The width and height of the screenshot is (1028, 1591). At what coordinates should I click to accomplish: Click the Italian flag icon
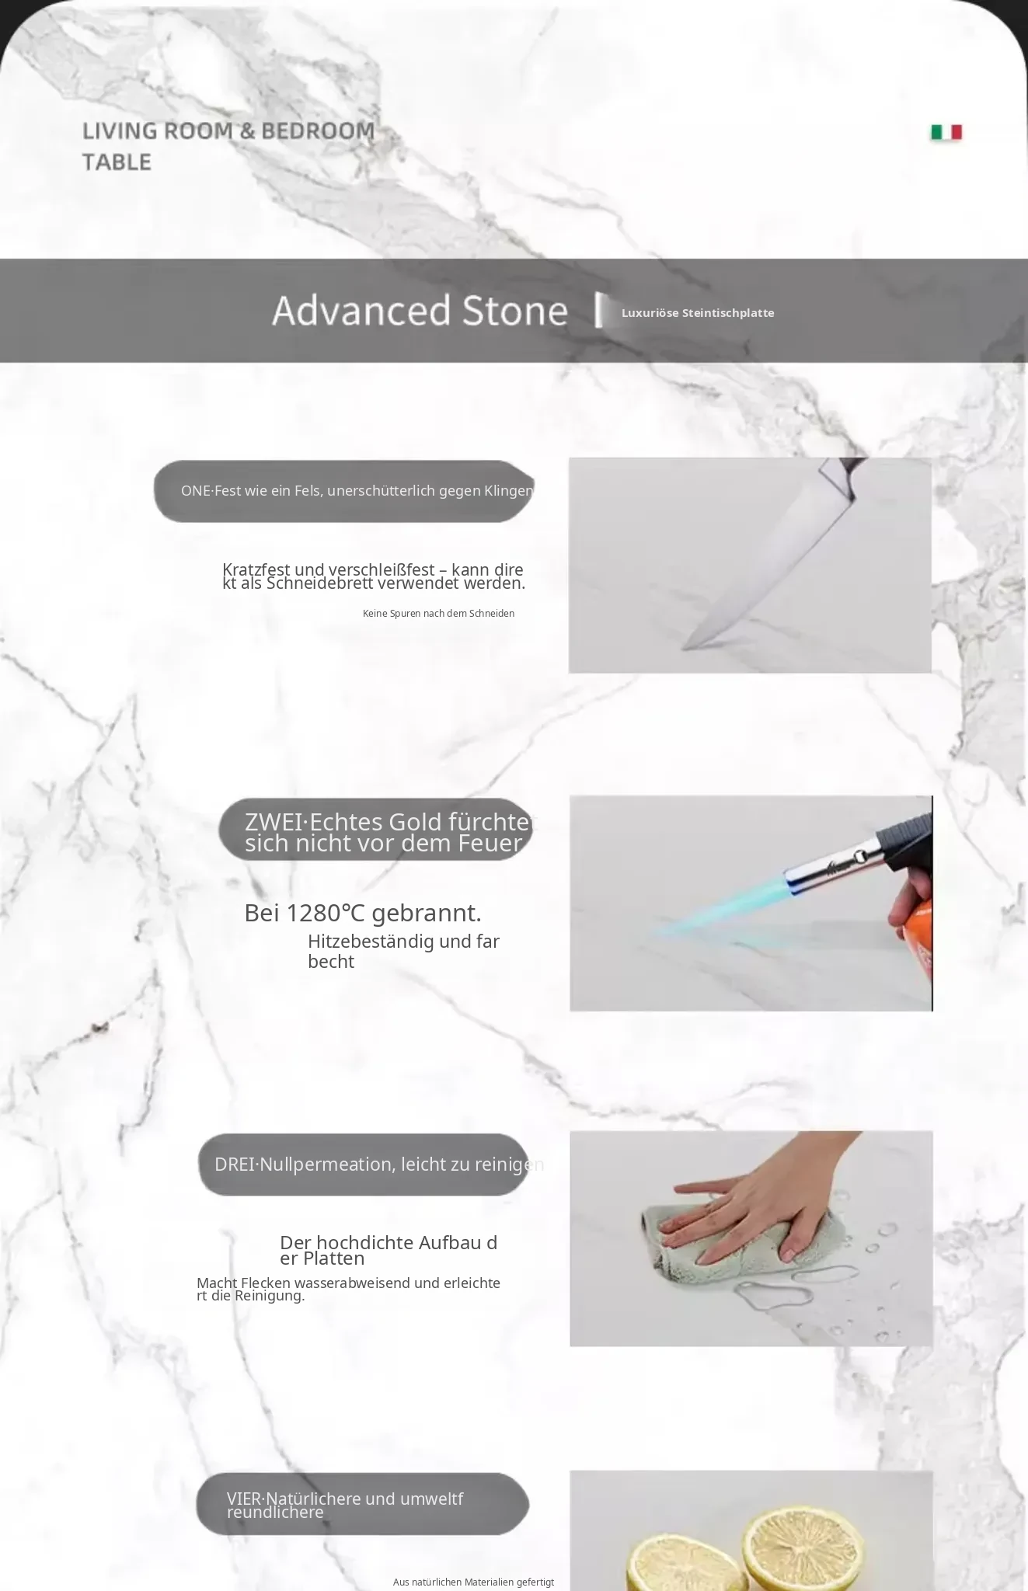[946, 133]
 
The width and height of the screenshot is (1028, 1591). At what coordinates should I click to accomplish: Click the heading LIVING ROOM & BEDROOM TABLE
[228, 146]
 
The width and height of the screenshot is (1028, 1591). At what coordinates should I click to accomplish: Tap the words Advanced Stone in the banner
[420, 310]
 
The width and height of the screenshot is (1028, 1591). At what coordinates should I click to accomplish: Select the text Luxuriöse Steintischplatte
[698, 313]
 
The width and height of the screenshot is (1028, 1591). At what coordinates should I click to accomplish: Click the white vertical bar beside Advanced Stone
[599, 310]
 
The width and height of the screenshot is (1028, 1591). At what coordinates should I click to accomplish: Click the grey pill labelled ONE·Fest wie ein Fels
[344, 491]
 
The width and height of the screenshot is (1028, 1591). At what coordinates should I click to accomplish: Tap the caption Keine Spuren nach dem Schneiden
[438, 614]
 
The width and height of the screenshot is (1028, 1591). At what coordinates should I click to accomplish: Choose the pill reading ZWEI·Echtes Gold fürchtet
[375, 830]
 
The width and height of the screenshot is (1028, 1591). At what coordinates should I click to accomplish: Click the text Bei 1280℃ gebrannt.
[363, 913]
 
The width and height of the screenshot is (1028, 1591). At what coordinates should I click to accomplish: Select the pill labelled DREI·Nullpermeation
[364, 1165]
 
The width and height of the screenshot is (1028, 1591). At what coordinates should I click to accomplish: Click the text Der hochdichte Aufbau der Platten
[389, 1250]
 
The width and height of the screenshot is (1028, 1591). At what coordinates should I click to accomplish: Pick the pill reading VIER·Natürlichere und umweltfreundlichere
[362, 1505]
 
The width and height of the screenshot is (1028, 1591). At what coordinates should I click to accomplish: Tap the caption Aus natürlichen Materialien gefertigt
[473, 1582]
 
